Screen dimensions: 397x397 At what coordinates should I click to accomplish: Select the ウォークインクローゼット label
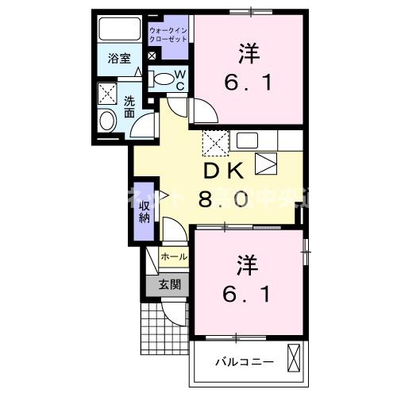coord(168,34)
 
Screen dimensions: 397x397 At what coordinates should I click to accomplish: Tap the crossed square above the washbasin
coord(107,94)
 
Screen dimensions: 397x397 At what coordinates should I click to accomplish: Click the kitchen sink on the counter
coord(245,141)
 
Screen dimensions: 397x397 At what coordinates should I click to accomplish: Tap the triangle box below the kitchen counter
coord(266,163)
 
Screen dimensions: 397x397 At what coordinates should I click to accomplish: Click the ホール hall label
coord(174,256)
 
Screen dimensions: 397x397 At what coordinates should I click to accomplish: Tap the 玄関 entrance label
coord(169,284)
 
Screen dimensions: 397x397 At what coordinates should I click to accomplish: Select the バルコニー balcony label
coord(245,361)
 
